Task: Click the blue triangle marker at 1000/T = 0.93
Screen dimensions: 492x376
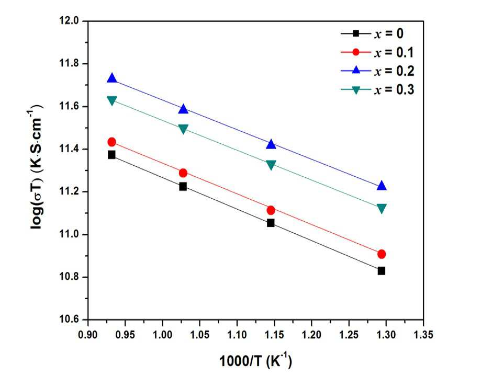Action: (111, 78)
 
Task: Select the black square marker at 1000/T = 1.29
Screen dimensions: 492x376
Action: (381, 271)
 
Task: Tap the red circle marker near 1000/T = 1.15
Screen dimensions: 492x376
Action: (271, 210)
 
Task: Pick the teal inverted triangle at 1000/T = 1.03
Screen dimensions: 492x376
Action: (183, 129)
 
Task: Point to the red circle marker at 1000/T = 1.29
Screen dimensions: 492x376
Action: (382, 254)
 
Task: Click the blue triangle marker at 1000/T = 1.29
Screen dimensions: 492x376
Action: (382, 185)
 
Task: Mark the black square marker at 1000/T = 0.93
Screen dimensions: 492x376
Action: (111, 155)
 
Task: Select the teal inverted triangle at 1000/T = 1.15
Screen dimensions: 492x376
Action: (271, 165)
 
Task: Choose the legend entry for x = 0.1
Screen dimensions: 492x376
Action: (377, 52)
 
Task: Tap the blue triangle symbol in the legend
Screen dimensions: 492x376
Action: (356, 70)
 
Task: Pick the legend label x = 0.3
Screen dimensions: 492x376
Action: (394, 90)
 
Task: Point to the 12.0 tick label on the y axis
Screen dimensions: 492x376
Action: (69, 21)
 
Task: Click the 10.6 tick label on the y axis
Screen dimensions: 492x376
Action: (69, 320)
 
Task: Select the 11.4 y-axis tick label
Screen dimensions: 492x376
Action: (69, 149)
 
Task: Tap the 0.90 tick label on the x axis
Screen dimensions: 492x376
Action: (88, 334)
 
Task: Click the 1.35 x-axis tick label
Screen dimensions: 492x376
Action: (423, 334)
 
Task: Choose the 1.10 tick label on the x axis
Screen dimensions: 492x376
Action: (237, 334)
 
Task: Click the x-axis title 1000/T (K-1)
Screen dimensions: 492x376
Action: (255, 361)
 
